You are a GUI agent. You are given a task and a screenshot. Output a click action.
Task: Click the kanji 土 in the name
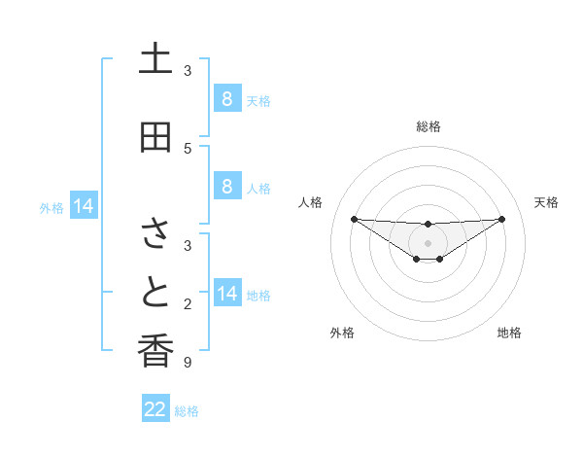[155, 59]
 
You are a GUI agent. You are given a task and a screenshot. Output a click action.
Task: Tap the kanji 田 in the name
[155, 138]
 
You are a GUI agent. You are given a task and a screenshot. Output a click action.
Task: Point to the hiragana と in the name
[155, 294]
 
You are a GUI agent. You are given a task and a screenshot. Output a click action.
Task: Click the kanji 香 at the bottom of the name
[155, 352]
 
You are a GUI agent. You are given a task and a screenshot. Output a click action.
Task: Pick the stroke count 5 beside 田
[188, 149]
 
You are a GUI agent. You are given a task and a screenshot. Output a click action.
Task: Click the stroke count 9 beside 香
[188, 364]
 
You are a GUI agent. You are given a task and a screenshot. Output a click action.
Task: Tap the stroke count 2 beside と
[188, 304]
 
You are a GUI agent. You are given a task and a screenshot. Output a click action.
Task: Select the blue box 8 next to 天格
[226, 99]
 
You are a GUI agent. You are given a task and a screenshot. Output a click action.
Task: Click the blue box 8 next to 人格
[226, 187]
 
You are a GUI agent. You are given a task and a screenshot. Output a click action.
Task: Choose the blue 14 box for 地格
[226, 294]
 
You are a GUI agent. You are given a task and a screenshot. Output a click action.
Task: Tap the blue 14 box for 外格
[84, 206]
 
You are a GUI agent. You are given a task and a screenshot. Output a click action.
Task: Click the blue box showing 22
[155, 409]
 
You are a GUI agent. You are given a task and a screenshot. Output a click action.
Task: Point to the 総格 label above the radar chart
[429, 126]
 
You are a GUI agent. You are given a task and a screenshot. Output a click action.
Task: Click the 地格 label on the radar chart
[509, 333]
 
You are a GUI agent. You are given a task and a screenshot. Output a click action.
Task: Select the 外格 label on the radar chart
[342, 333]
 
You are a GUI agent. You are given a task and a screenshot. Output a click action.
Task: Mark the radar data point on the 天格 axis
[502, 218]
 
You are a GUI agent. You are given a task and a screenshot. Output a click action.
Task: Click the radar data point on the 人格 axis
[354, 218]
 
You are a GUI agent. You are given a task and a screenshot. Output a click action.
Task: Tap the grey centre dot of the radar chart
[429, 242]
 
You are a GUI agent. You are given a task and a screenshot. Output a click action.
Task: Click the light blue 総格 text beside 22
[187, 411]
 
